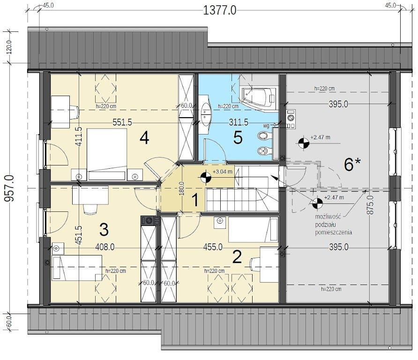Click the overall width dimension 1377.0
pyautogui.click(x=220, y=11)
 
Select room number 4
pyautogui.click(x=144, y=138)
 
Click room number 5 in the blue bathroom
pyautogui.click(x=238, y=138)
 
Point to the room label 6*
pyautogui.click(x=353, y=164)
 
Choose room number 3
pyautogui.click(x=104, y=229)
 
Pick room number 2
pyautogui.click(x=237, y=257)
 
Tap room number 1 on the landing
pyautogui.click(x=195, y=200)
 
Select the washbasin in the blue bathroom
pyautogui.click(x=206, y=114)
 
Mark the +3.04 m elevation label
pyautogui.click(x=222, y=172)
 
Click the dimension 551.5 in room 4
pyautogui.click(x=122, y=122)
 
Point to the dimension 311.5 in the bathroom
pyautogui.click(x=239, y=122)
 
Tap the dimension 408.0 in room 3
pyautogui.click(x=105, y=247)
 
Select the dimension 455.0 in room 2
pyautogui.click(x=213, y=247)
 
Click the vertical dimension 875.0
pyautogui.click(x=370, y=205)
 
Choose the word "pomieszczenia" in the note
pyautogui.click(x=334, y=232)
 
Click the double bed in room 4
pyautogui.click(x=107, y=154)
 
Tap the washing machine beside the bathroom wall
pyautogui.click(x=291, y=119)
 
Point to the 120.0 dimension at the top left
pyautogui.click(x=9, y=47)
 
